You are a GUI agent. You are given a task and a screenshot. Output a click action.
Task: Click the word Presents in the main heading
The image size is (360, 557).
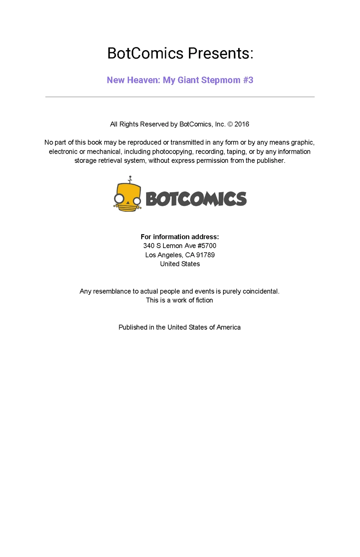[220, 53]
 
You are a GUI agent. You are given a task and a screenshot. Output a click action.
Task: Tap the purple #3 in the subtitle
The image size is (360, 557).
[248, 80]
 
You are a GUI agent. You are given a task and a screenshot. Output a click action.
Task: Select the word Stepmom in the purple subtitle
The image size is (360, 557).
[221, 80]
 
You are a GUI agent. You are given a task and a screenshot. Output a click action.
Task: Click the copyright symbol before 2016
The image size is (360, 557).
[230, 124]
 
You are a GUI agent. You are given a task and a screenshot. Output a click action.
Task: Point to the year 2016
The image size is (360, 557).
[242, 124]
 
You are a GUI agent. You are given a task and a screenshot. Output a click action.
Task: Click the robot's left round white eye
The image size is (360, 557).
[119, 199]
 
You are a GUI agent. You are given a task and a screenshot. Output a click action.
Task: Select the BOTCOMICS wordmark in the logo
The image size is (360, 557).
[196, 199]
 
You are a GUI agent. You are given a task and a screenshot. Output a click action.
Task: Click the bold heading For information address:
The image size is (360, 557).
[180, 237]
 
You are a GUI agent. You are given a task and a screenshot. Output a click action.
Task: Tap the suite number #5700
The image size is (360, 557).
[207, 246]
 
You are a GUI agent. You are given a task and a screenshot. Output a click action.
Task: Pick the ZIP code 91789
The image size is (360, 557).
[205, 255]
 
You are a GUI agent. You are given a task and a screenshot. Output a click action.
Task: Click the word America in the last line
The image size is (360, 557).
[229, 327]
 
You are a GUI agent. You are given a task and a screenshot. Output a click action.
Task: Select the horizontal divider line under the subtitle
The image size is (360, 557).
[180, 97]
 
